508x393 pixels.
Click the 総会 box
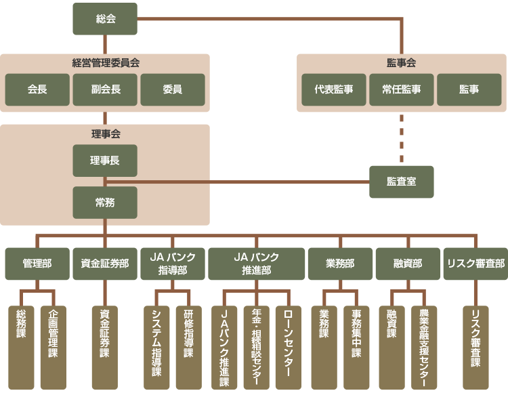point(105,19)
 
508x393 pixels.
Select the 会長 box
point(37,89)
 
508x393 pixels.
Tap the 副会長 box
point(105,89)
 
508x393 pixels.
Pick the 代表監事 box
point(334,89)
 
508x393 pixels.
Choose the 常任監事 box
point(402,89)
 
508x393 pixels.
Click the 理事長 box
point(105,161)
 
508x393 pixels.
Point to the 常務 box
point(105,203)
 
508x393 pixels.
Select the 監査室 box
point(402,182)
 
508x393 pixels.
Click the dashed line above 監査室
point(402,139)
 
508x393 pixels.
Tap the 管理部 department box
point(37,264)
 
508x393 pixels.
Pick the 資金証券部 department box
point(105,264)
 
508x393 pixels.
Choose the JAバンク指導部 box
point(173,264)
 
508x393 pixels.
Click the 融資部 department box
point(408,264)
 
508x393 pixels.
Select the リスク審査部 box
point(475,264)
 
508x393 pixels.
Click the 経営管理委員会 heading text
point(105,63)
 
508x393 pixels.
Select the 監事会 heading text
point(402,63)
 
